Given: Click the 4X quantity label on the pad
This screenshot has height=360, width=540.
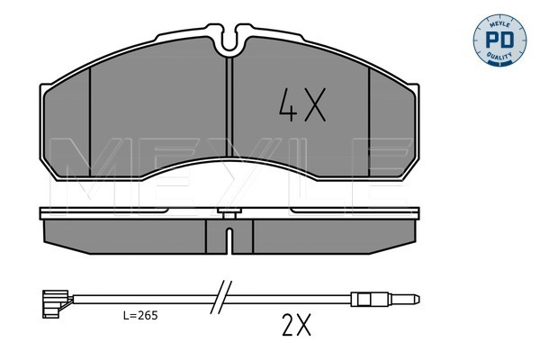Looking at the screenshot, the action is [302, 104].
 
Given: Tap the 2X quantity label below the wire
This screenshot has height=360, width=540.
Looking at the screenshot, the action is [296, 325].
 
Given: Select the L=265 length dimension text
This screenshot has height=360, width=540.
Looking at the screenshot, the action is [140, 315].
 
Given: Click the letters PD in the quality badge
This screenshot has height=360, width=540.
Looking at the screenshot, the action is [499, 40].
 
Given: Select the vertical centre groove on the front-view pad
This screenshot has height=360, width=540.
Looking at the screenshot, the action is [229, 107].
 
